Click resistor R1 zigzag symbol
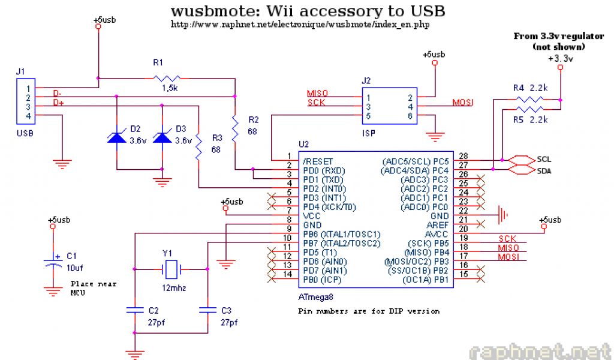[167, 78]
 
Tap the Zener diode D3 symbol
[161, 137]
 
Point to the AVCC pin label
[437, 234]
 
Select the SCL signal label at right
[544, 160]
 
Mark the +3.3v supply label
[561, 58]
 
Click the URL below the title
[300, 25]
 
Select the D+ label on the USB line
[58, 103]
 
